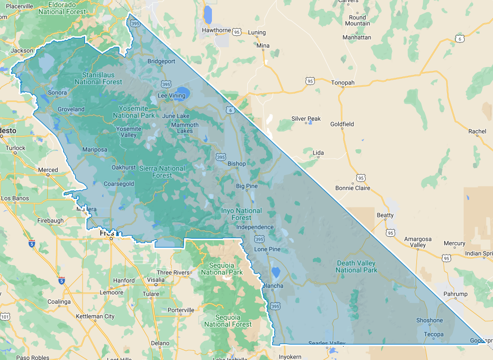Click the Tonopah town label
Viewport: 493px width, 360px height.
(x=343, y=83)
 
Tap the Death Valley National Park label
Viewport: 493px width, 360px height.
(x=356, y=267)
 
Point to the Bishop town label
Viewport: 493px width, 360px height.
(x=236, y=164)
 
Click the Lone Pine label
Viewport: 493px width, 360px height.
(x=267, y=249)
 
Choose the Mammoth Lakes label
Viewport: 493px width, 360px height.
(x=185, y=128)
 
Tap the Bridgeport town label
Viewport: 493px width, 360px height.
(x=161, y=62)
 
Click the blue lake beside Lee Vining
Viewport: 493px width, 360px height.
(x=182, y=93)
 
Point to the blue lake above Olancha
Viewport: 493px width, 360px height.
(x=276, y=272)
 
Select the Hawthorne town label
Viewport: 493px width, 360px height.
(x=216, y=30)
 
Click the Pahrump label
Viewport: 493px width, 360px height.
(x=456, y=294)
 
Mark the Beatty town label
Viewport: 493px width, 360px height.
(x=385, y=215)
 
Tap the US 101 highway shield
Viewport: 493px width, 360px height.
(x=5, y=316)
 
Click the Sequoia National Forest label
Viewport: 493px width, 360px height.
(x=228, y=321)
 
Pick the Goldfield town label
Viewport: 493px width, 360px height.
(x=342, y=124)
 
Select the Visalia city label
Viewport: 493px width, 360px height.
(x=156, y=280)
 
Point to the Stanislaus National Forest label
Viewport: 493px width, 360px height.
(x=98, y=79)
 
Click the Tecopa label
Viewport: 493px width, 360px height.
(x=433, y=334)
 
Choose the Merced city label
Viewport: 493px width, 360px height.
(x=48, y=170)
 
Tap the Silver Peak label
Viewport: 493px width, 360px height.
(x=306, y=119)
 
